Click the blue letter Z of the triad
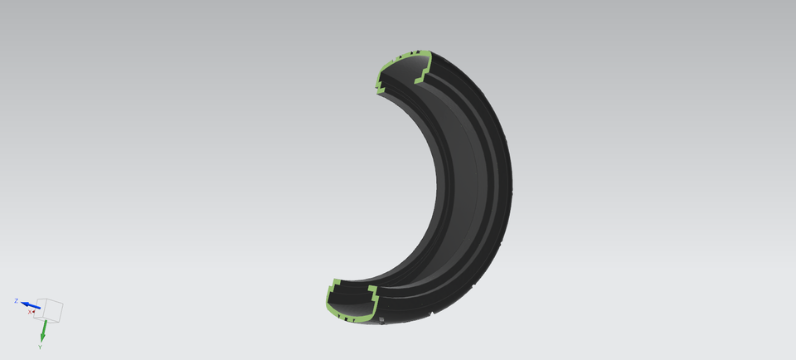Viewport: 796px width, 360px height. coord(16,300)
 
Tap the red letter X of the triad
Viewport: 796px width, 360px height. coord(31,312)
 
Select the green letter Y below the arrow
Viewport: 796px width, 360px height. coord(39,347)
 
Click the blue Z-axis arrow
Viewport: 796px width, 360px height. coord(32,305)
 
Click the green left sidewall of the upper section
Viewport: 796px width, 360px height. coord(381,73)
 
